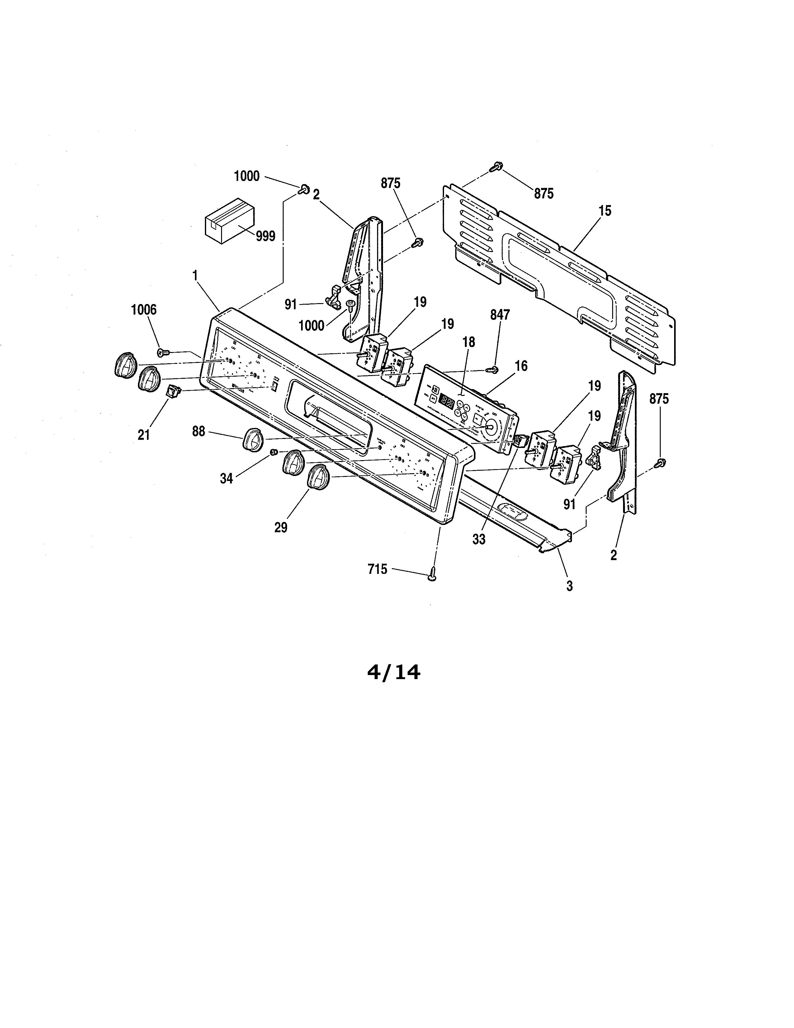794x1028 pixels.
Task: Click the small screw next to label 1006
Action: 163,352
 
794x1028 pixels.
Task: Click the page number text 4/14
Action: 393,672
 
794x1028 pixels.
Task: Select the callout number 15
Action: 605,211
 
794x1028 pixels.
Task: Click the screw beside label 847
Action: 494,370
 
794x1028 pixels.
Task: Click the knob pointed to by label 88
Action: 252,439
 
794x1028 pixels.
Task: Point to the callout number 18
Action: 469,342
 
